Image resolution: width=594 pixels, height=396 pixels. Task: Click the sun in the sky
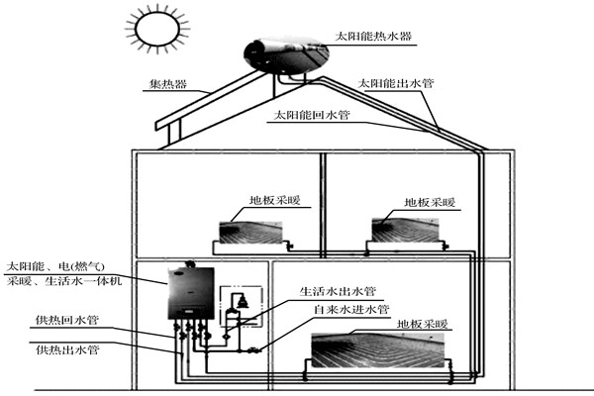pos(153,30)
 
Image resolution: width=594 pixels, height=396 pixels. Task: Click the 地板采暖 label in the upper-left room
pos(279,203)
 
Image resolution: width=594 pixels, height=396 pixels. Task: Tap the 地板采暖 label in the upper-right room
pos(429,203)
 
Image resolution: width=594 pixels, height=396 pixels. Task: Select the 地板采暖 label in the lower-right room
pos(424,323)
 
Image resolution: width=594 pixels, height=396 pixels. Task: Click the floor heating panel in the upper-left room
pos(251,234)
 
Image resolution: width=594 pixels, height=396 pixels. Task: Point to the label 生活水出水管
pos(338,292)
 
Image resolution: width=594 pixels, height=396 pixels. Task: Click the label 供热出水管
pos(66,349)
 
